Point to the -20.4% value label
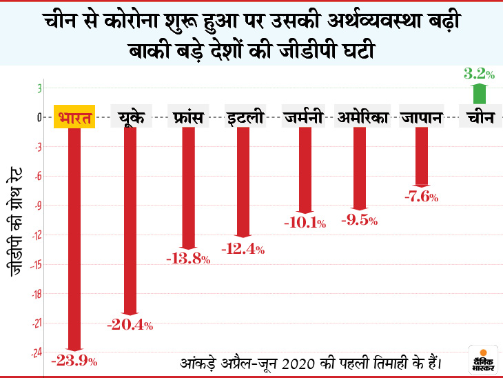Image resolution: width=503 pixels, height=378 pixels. tap(130, 325)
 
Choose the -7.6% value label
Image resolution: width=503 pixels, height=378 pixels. tap(421, 197)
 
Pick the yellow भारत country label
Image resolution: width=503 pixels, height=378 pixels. tap(74, 117)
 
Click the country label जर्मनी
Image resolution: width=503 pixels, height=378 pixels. tap(303, 117)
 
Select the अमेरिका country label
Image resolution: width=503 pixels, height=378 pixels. tap(364, 117)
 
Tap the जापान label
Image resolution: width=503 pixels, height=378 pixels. tap(421, 117)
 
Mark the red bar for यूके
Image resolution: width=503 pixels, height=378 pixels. tap(130, 221)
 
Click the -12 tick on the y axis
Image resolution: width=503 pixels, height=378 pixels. tap(39, 235)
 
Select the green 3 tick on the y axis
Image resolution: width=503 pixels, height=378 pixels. tap(40, 88)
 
